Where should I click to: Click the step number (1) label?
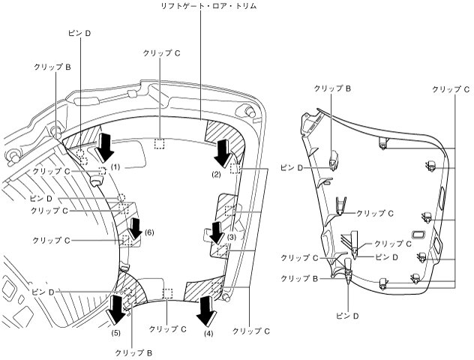115,164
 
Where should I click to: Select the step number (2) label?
216,175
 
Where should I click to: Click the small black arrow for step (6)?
136,226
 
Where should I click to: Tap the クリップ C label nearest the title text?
164,54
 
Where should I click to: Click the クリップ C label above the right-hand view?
451,88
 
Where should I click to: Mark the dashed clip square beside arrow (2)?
235,169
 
